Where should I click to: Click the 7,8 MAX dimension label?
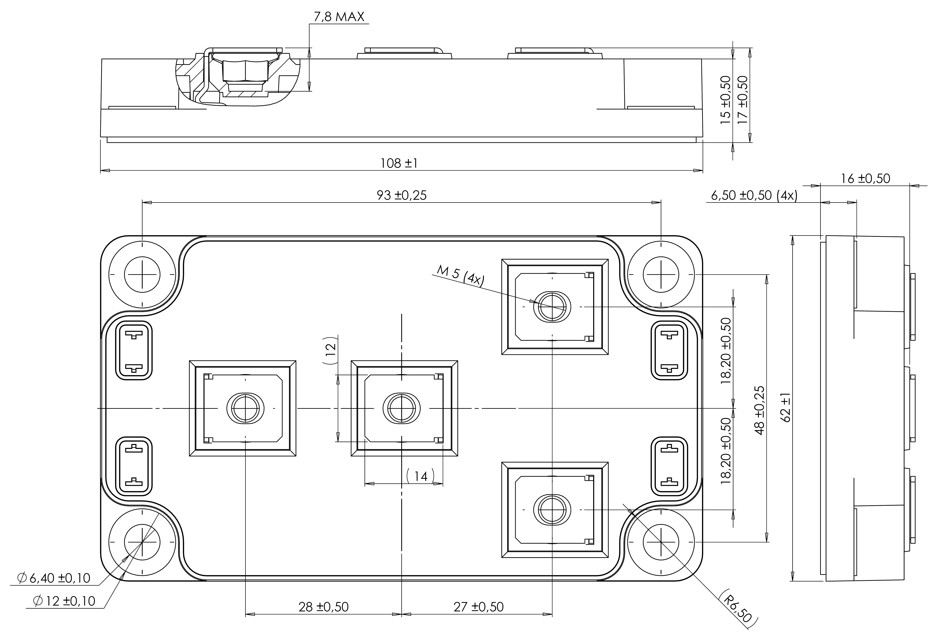(x=339, y=17)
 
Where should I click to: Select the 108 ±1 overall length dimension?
(x=399, y=163)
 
